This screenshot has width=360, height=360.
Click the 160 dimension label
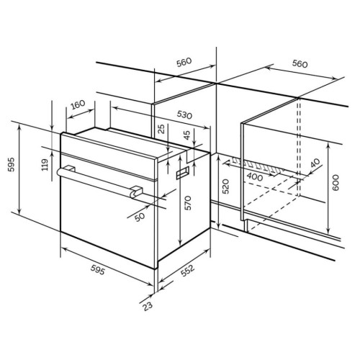[78, 104]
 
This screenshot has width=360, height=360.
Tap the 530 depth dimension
[184, 115]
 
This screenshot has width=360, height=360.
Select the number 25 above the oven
[162, 129]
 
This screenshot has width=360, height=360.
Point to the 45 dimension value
[186, 135]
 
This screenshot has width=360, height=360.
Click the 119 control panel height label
[45, 165]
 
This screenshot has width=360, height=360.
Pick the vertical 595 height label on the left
[12, 164]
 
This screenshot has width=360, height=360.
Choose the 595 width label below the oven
[98, 271]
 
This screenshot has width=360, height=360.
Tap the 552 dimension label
[187, 271]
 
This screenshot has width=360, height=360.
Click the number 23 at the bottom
[148, 306]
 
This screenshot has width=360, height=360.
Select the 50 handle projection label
[140, 217]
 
